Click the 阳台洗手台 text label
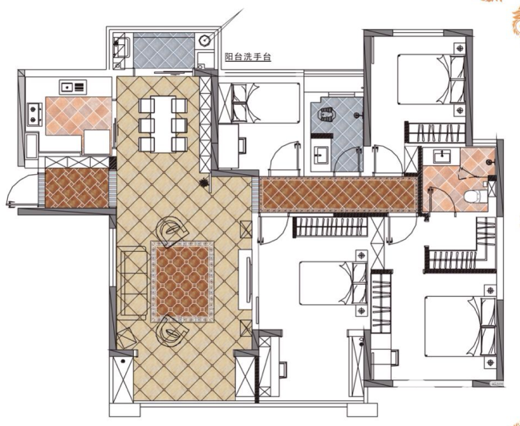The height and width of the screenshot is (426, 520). coord(248,57)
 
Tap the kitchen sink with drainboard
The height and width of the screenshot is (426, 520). coord(73,87)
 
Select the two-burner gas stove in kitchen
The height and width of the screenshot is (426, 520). coord(35,114)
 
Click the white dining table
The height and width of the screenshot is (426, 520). coord(163,124)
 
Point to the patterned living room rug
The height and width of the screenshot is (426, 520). coord(182,282)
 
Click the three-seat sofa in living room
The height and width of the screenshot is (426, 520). coord(134,283)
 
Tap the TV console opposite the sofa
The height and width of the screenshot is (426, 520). coord(246,279)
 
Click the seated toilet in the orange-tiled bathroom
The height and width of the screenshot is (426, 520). coord(475,197)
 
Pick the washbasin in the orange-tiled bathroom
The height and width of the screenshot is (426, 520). coord(441,156)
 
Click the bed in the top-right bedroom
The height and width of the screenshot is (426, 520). coord(431,79)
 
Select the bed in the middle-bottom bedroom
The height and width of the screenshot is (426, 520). coord(333,282)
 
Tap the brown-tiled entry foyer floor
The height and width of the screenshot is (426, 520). coord(77,188)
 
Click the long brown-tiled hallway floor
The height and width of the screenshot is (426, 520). coord(339,194)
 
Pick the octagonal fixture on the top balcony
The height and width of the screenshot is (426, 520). coord(205,40)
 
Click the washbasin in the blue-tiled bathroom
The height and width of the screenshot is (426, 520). coord(320,154)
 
